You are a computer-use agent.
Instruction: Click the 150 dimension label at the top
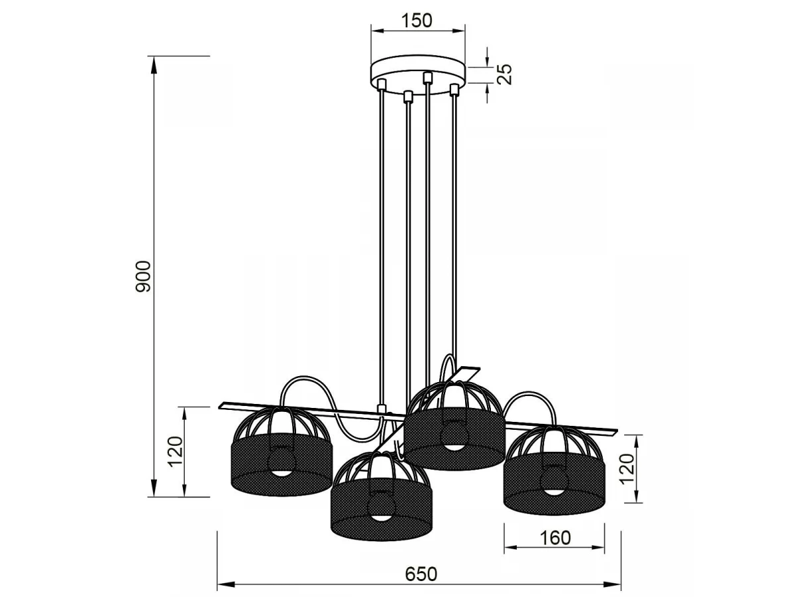pyautogui.click(x=417, y=21)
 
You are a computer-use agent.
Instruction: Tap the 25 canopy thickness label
pyautogui.click(x=504, y=74)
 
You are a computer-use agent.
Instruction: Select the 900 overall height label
pyautogui.click(x=142, y=276)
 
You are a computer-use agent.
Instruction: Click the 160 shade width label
pyautogui.click(x=555, y=538)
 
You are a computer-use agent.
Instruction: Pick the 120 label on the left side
pyautogui.click(x=176, y=452)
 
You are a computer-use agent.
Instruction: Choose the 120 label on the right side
pyautogui.click(x=627, y=469)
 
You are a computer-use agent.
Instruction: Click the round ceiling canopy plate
pyautogui.click(x=417, y=75)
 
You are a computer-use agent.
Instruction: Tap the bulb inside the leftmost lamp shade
pyautogui.click(x=281, y=462)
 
